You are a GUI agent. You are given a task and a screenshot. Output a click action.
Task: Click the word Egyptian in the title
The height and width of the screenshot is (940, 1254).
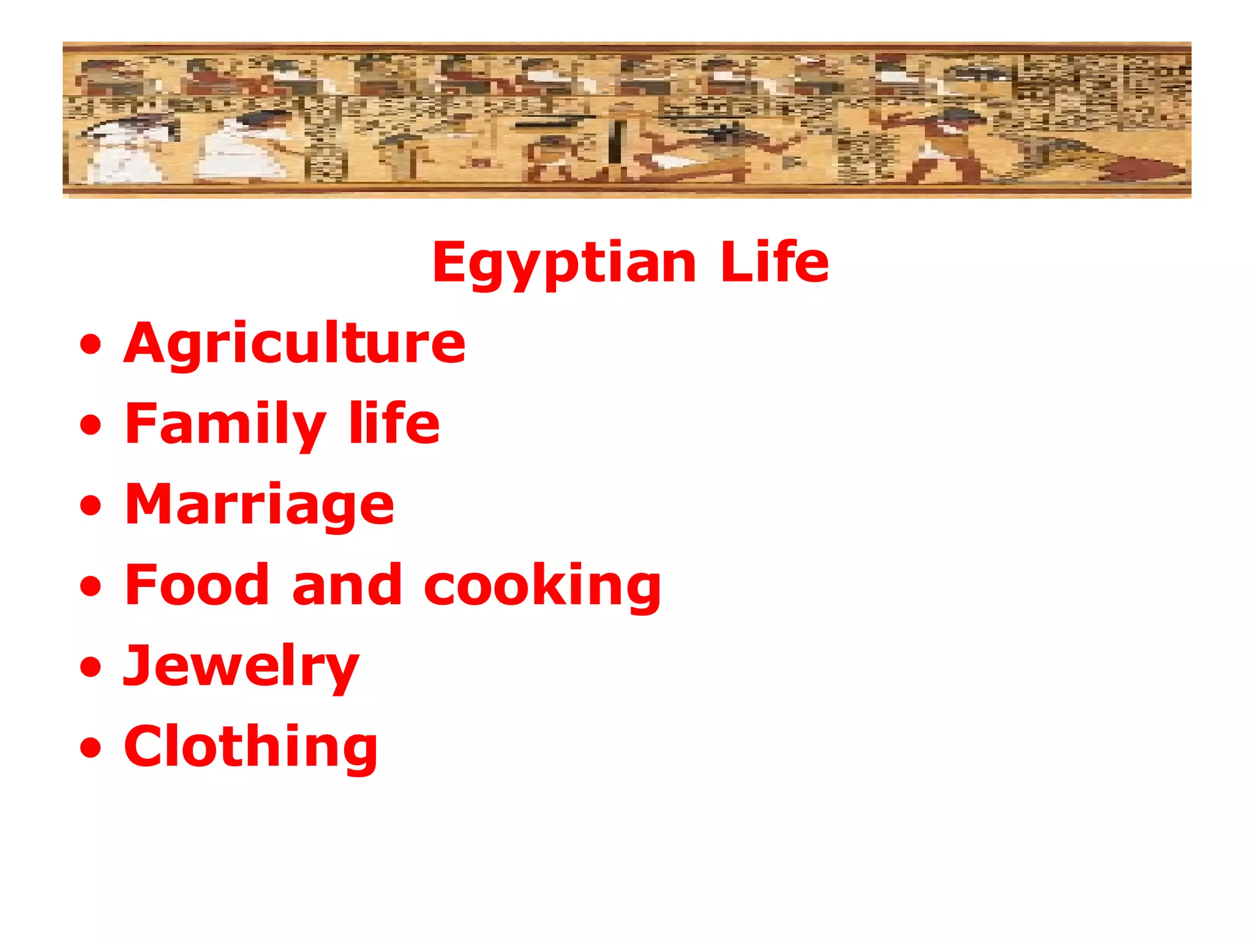pyautogui.click(x=564, y=263)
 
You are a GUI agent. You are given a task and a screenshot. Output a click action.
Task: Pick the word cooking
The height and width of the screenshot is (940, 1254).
pyautogui.click(x=542, y=586)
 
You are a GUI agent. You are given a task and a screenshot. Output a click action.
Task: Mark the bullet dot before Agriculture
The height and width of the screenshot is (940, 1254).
pyautogui.click(x=91, y=344)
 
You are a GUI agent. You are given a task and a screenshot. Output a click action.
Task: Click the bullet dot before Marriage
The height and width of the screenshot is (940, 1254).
pyautogui.click(x=91, y=505)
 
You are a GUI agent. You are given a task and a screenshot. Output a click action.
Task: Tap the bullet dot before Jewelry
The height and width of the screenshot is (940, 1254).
pyautogui.click(x=91, y=667)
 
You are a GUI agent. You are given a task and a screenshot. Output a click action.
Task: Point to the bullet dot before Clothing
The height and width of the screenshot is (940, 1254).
pyautogui.click(x=91, y=748)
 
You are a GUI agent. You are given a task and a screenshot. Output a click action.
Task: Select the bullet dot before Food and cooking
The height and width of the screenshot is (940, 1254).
pyautogui.click(x=91, y=586)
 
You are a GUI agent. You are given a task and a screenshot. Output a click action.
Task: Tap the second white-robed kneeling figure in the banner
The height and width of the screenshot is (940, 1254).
pyautogui.click(x=242, y=147)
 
